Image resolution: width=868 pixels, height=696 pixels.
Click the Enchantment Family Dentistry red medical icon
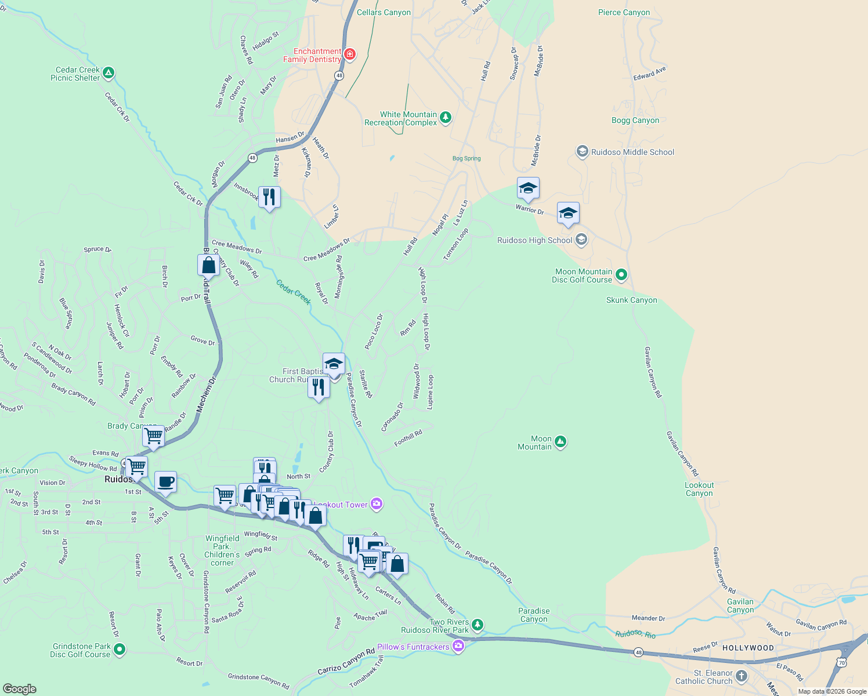349,55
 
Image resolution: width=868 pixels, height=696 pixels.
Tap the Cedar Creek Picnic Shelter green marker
108,74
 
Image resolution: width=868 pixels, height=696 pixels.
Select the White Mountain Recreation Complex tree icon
445,118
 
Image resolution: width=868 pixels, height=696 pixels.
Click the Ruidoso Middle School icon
582,151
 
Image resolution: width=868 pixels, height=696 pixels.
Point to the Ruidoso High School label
534,240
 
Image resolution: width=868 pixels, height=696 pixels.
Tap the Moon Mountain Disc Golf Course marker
621,275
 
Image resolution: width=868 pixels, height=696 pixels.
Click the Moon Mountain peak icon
560,443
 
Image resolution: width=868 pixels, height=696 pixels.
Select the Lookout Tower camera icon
377,504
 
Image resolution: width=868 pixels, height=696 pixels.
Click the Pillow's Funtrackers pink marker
458,646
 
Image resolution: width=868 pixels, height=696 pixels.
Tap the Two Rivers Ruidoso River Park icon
477,625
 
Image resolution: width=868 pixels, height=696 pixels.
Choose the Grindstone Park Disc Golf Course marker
120,650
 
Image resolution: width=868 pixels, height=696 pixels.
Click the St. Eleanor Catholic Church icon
742,676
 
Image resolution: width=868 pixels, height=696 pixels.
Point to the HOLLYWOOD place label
748,648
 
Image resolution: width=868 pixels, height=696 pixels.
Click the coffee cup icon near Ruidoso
165,481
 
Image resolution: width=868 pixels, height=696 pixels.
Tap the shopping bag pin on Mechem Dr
208,265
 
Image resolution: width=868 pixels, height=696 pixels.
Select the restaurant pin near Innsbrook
269,197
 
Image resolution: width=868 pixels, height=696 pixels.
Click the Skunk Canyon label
631,300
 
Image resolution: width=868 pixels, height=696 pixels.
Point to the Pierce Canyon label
624,12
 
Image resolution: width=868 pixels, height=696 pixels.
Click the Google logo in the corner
20,688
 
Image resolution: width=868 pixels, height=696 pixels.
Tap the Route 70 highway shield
841,662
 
